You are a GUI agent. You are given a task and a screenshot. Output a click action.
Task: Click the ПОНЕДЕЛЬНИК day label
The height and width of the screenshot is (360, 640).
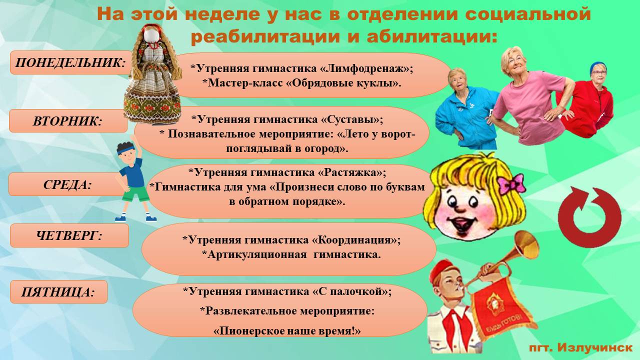[70, 62]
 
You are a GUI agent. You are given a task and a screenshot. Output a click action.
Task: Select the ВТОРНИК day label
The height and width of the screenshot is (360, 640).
[68, 121]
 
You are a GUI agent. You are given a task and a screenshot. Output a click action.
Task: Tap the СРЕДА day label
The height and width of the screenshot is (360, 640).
[67, 184]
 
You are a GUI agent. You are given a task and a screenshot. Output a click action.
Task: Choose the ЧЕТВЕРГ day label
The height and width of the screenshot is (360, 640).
[69, 235]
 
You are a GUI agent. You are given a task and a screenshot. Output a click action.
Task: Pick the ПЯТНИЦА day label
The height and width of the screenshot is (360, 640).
[58, 292]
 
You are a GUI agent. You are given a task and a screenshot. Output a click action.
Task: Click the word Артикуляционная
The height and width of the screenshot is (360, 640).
[257, 254]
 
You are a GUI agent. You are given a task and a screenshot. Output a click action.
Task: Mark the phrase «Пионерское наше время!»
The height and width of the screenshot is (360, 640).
[287, 331]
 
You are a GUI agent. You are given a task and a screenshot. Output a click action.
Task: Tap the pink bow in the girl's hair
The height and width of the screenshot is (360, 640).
[511, 183]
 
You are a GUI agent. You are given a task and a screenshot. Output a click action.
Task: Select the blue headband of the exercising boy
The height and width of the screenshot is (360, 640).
[125, 149]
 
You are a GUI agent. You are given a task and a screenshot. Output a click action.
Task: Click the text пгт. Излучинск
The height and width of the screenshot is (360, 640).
[580, 347]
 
